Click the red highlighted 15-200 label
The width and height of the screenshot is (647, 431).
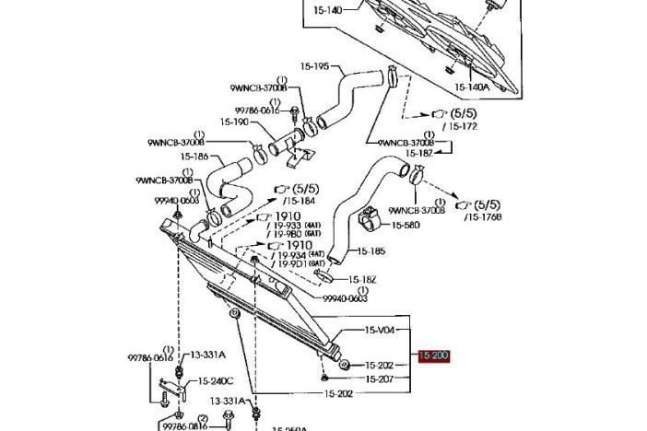(433, 355)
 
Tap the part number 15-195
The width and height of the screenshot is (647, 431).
(314, 66)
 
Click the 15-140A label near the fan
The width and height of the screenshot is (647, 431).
(472, 87)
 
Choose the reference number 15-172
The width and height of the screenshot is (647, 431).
(461, 125)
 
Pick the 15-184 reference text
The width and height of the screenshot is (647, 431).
(300, 201)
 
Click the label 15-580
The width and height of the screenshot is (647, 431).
(406, 225)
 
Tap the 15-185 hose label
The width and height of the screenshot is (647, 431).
(371, 250)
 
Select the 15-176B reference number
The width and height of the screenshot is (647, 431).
(484, 216)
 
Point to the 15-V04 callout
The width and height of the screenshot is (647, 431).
(380, 330)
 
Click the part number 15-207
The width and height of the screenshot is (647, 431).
(380, 379)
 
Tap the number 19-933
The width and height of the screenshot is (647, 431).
(288, 225)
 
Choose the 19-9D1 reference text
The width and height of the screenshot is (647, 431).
(292, 263)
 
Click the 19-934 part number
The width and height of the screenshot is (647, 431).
(291, 254)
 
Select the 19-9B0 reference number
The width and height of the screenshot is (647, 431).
(288, 234)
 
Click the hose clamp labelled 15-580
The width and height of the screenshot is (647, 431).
(369, 222)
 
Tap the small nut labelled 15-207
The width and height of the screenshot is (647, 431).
(325, 378)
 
